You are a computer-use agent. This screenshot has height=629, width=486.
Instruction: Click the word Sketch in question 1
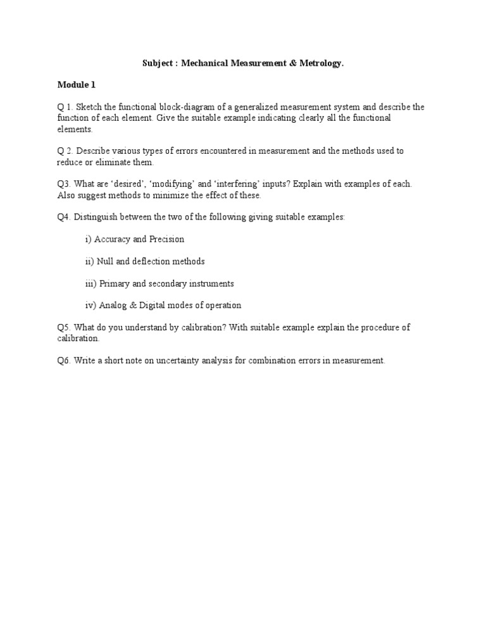pos(88,107)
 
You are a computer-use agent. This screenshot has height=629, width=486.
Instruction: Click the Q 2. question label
pos(65,151)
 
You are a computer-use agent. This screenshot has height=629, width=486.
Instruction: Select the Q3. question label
pos(64,184)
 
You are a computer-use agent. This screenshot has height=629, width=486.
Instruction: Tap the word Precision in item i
pos(167,239)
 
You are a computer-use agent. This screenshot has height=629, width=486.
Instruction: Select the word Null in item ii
pos(105,261)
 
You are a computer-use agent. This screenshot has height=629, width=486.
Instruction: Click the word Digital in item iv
pos(153,306)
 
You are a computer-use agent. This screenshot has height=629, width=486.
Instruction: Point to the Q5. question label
pos(64,328)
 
